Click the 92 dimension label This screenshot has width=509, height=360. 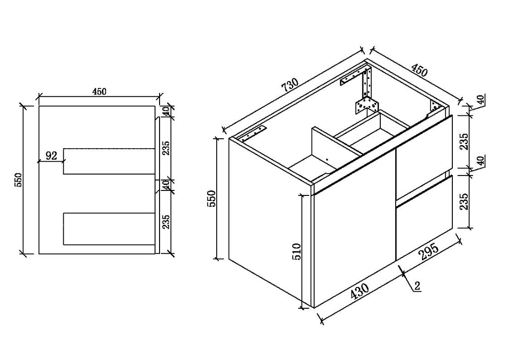coord(51,156)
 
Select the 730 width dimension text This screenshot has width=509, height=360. coord(290,85)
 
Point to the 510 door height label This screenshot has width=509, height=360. coord(297,252)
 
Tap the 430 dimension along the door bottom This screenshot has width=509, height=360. coord(360,291)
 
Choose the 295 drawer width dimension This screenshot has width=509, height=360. coord(429,252)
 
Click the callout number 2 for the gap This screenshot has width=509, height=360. coord(417,286)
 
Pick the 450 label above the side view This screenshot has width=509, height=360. coord(99,91)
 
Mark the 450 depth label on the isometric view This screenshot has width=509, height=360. coord(419,70)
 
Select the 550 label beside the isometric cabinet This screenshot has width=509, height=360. coord(211,199)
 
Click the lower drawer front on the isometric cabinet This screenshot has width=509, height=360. coord(424,218)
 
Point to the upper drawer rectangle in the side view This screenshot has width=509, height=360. coord(109,161)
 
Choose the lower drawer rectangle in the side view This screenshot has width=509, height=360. coord(109,229)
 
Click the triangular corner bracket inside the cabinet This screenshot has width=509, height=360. coord(366,104)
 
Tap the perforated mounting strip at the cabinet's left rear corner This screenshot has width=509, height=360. coord(254,133)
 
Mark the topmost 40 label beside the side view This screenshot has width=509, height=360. coord(166,111)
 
